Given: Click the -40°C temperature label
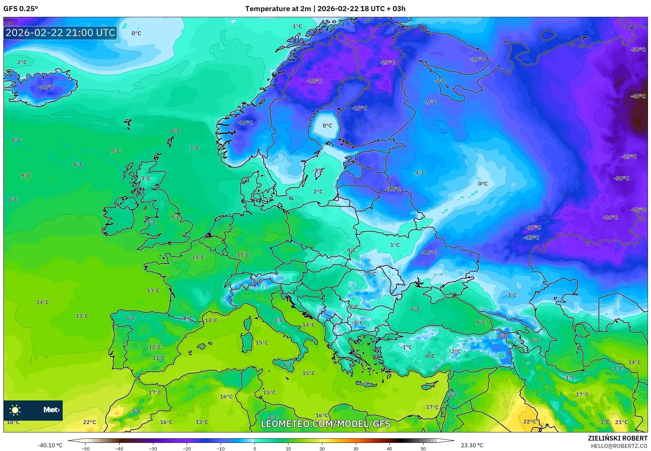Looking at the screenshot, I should pyautogui.click(x=638, y=96).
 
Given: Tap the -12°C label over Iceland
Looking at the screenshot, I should pyautogui.click(x=46, y=87).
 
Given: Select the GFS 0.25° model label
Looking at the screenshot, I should pyautogui.click(x=21, y=9).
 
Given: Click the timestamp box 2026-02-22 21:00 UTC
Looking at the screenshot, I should pyautogui.click(x=60, y=33).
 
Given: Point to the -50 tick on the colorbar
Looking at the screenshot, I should pyautogui.click(x=86, y=448).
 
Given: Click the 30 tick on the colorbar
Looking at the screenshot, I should pyautogui.click(x=356, y=448).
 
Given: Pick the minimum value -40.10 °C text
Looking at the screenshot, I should pyautogui.click(x=50, y=445).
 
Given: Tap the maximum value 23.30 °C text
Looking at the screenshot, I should pyautogui.click(x=472, y=445).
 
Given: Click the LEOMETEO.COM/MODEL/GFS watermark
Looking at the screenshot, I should pyautogui.click(x=325, y=424).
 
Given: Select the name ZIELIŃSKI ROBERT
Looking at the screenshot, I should pyautogui.click(x=617, y=438).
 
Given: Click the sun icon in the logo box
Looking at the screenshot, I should pyautogui.click(x=15, y=410).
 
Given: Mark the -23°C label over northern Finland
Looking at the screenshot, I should pyautogui.click(x=387, y=62).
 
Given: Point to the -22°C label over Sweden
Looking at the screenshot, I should pyautogui.click(x=314, y=81).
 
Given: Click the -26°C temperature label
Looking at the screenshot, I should pyautogui.click(x=610, y=217).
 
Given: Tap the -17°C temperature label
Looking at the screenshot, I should pyautogui.click(x=533, y=228).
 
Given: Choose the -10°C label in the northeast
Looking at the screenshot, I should pyautogui.click(x=477, y=59).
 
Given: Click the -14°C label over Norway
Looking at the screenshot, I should pyautogui.click(x=245, y=123).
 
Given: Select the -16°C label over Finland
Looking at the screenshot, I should pyautogui.click(x=359, y=108).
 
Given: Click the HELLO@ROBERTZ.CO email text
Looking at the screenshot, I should pyautogui.click(x=619, y=446).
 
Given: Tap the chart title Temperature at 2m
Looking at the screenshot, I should pyautogui.click(x=278, y=9).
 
